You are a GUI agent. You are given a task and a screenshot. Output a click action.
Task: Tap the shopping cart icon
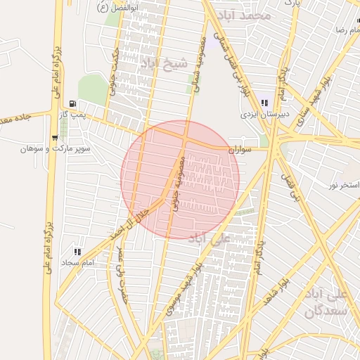(x=55, y=137)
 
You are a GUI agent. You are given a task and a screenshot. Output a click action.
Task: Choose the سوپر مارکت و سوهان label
(x=49, y=148)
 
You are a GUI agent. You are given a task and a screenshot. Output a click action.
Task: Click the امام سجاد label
(x=78, y=262)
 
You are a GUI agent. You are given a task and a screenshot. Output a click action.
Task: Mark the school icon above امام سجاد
(x=77, y=251)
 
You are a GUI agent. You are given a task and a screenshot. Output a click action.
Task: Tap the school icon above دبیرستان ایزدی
(x=263, y=103)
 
